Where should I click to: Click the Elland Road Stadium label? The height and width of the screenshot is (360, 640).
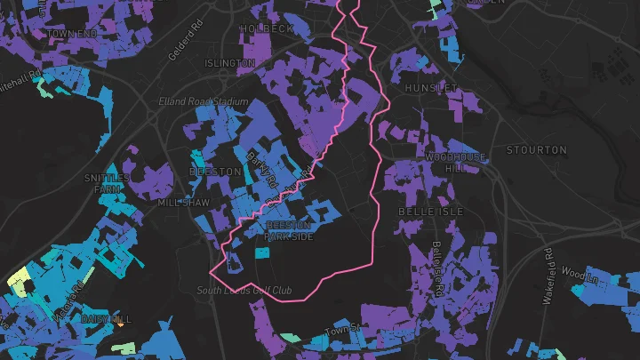click(x=203, y=101)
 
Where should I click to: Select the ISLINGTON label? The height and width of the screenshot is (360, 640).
click(x=230, y=63)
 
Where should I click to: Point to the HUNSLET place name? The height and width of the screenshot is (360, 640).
click(x=431, y=89)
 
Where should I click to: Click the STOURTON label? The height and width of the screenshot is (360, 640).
click(x=536, y=149)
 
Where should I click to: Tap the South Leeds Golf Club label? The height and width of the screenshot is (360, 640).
click(x=244, y=291)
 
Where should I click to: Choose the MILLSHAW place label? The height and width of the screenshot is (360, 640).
click(x=183, y=203)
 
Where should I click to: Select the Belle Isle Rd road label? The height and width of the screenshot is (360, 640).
click(x=438, y=258)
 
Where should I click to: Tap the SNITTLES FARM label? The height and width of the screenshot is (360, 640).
click(x=106, y=183)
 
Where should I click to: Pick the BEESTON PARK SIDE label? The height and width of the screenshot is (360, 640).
click(x=289, y=231)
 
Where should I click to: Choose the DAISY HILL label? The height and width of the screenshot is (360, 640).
click(x=106, y=318)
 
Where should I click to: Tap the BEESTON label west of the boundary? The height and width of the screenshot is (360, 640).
click(x=215, y=171)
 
